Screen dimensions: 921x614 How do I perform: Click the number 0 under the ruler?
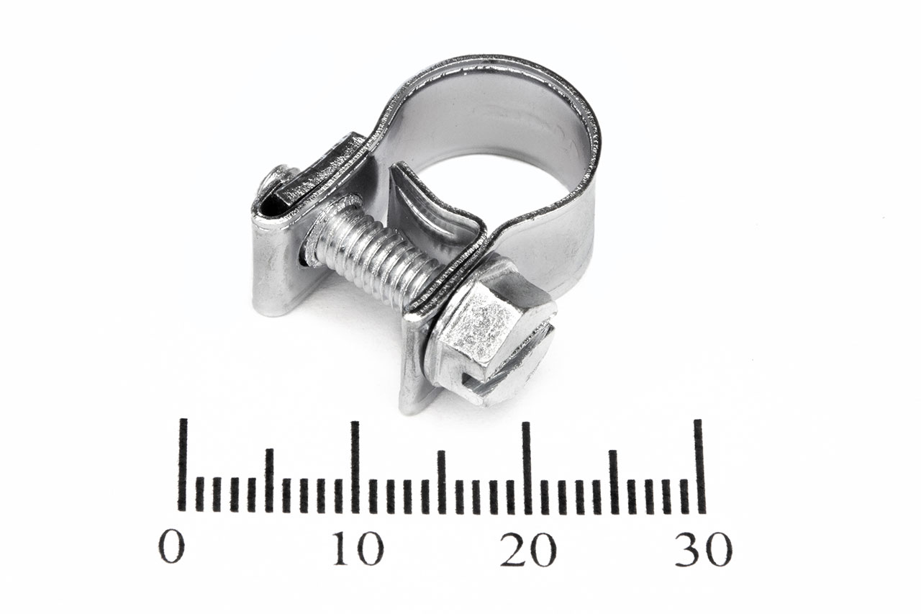(x=172, y=548)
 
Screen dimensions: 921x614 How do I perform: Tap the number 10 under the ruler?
(x=358, y=548)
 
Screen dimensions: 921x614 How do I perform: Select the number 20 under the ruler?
(x=528, y=548)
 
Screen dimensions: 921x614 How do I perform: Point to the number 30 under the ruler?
(x=704, y=548)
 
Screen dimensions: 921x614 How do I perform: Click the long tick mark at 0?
(x=182, y=465)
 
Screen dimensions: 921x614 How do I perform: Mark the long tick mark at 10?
(x=355, y=467)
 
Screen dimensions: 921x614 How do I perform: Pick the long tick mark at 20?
(x=527, y=468)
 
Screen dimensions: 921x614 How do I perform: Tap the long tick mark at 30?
(x=700, y=466)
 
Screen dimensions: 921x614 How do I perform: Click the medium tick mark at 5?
(x=269, y=481)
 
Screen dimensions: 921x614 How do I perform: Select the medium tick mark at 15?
(x=442, y=482)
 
